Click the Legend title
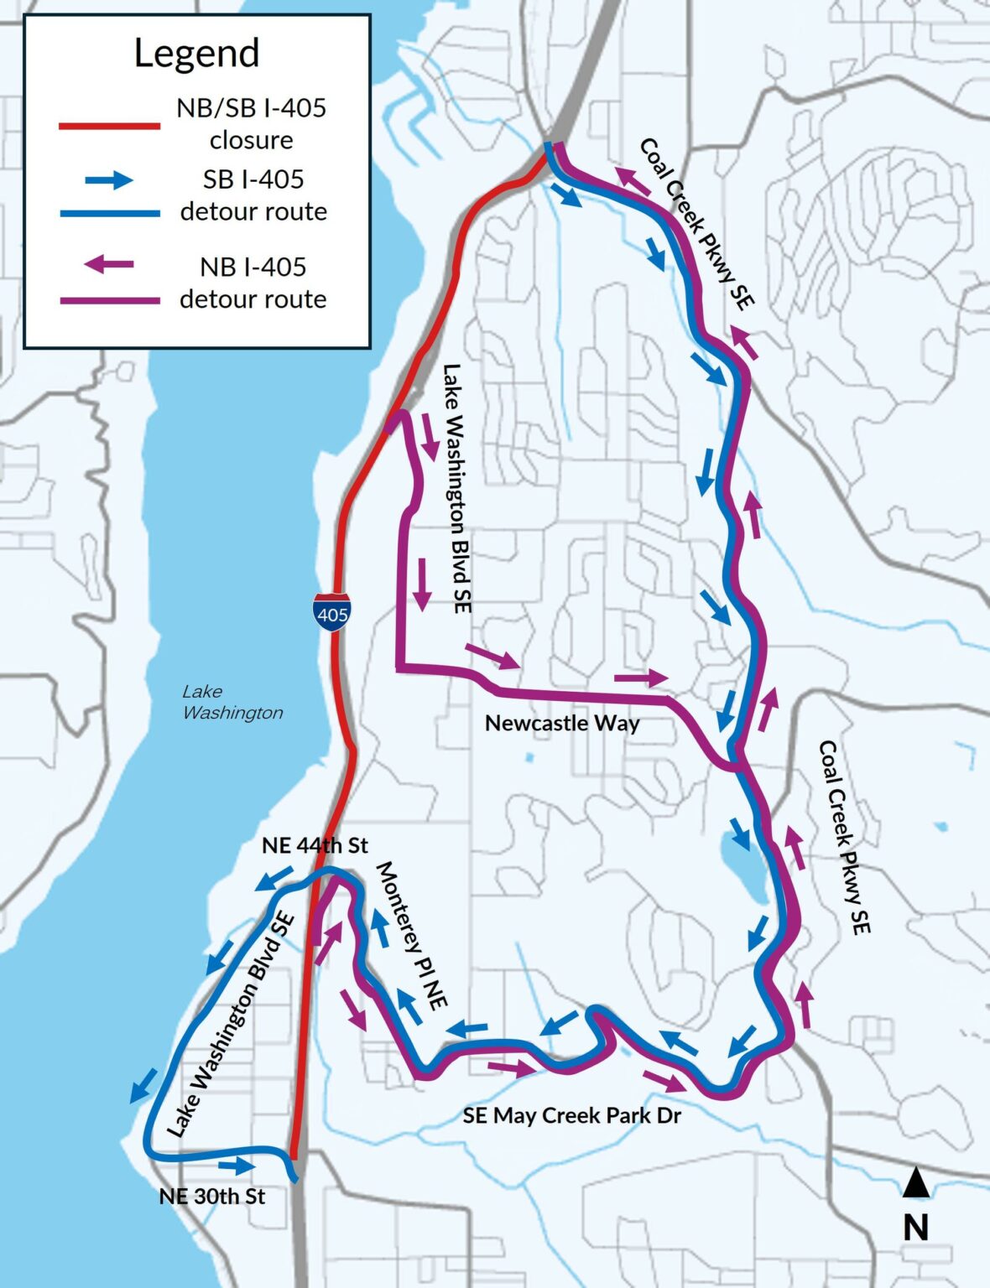196,53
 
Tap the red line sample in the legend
109,126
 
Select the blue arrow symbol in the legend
108,179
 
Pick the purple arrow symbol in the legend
108,265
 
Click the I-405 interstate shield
332,611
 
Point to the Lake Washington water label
232,702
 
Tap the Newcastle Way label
562,723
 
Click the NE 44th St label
315,845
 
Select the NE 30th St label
211,1196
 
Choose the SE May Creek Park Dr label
571,1115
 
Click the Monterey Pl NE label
411,932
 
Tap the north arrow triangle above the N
916,1183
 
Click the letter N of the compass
916,1228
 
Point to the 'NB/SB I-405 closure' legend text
251,123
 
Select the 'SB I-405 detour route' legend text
253,195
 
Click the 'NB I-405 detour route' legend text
253,283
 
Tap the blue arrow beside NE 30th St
237,1166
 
